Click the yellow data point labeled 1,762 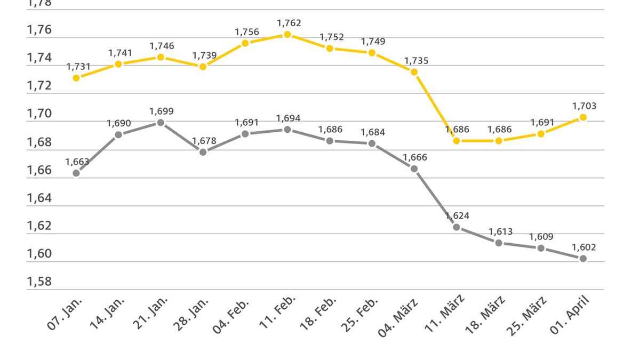coord(287,35)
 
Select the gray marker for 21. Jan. coord(161,123)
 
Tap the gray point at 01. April coord(583,259)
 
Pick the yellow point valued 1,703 coord(583,117)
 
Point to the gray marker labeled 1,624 coord(457,227)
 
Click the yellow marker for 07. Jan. coord(76,78)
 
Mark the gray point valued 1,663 coord(76,173)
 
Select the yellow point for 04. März coord(414,72)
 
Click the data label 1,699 coord(161,111)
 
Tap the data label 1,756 coord(246,32)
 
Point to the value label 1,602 coord(583,247)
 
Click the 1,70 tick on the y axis coord(39,114)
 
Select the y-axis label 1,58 coord(39,282)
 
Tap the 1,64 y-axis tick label coord(39,198)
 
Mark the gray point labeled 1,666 coord(414,169)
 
